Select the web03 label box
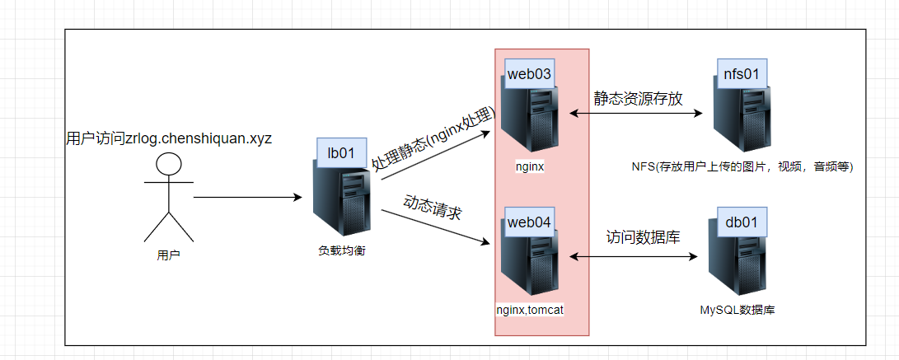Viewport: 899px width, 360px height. point(529,73)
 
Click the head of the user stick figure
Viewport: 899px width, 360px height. point(169,164)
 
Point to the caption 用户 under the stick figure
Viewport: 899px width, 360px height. point(168,255)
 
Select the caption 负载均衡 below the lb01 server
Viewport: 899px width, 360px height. point(341,250)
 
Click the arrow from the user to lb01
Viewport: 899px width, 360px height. point(247,198)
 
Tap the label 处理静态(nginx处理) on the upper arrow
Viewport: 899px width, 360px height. point(433,139)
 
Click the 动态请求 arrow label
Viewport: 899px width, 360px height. point(432,208)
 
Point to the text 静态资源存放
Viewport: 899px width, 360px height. point(639,98)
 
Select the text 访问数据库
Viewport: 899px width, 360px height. point(644,237)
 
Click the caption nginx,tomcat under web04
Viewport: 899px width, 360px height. point(529,310)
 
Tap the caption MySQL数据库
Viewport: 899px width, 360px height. point(737,310)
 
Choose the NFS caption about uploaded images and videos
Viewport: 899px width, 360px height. point(742,167)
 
